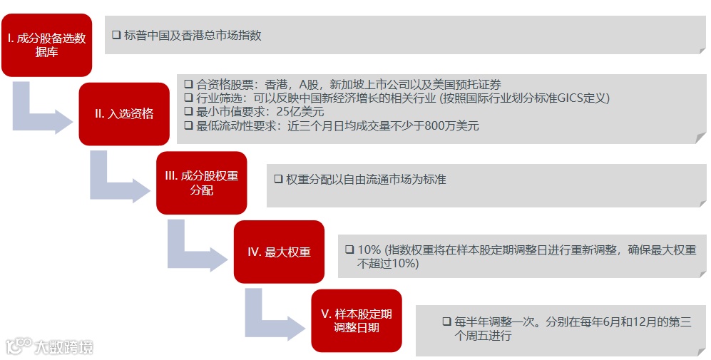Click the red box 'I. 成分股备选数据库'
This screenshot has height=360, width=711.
pos(46,45)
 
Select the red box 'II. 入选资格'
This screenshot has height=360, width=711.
pos(123,113)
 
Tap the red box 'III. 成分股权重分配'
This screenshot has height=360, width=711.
pos(201,182)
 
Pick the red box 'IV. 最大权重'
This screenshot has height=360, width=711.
pos(279,252)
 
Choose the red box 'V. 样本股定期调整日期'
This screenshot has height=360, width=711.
pos(357,320)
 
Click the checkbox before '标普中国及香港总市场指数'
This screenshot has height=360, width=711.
pos(116,35)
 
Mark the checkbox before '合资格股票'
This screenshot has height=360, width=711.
pos(188,84)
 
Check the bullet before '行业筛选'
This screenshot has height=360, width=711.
pos(188,98)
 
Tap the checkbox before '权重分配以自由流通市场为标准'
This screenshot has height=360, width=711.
pos(278,180)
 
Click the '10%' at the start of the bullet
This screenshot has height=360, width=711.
pos(369,250)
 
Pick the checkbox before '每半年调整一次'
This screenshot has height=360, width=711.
pos(446,322)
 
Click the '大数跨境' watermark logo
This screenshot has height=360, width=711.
pos(50,347)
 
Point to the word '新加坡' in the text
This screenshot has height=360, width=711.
pos(347,84)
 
